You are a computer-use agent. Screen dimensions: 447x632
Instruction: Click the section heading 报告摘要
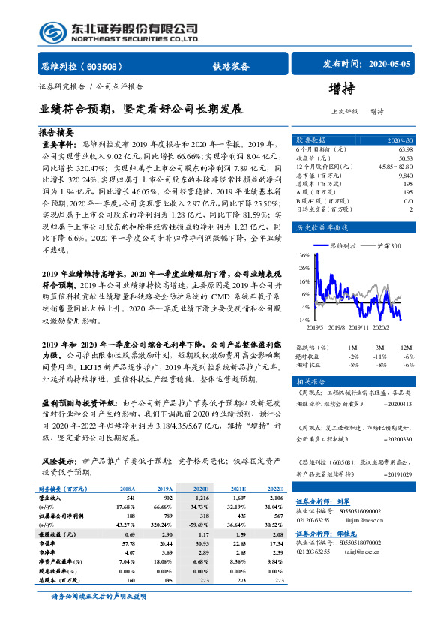(55, 131)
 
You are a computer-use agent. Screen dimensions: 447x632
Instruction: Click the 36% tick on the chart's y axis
(304, 255)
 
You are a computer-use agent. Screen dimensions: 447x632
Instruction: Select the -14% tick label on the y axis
(304, 319)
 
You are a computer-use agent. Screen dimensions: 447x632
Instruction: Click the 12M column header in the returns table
(406, 348)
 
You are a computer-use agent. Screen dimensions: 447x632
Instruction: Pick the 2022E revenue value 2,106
(275, 498)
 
